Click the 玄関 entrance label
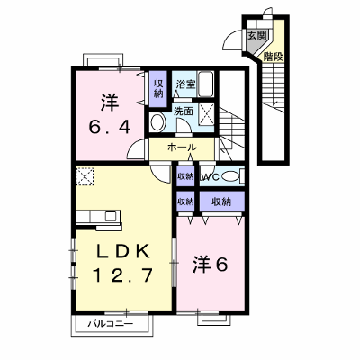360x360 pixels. (256, 35)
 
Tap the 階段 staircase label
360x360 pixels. (274, 57)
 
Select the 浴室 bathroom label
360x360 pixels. (185, 85)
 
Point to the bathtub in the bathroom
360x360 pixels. (206, 84)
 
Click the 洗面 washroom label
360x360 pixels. (184, 112)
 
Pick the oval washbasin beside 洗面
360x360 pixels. (157, 122)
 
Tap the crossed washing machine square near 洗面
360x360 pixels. (207, 114)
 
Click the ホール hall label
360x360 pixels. (182, 147)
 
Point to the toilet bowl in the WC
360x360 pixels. (231, 176)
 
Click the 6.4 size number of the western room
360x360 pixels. (110, 128)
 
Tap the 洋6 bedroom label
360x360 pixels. (211, 265)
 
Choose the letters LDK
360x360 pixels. (122, 251)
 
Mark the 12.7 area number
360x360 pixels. (123, 275)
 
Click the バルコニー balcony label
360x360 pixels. (110, 324)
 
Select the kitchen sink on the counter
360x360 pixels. (111, 216)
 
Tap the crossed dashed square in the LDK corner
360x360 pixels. (85, 176)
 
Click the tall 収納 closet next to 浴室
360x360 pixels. (158, 89)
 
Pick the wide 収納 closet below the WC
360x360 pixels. (222, 202)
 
